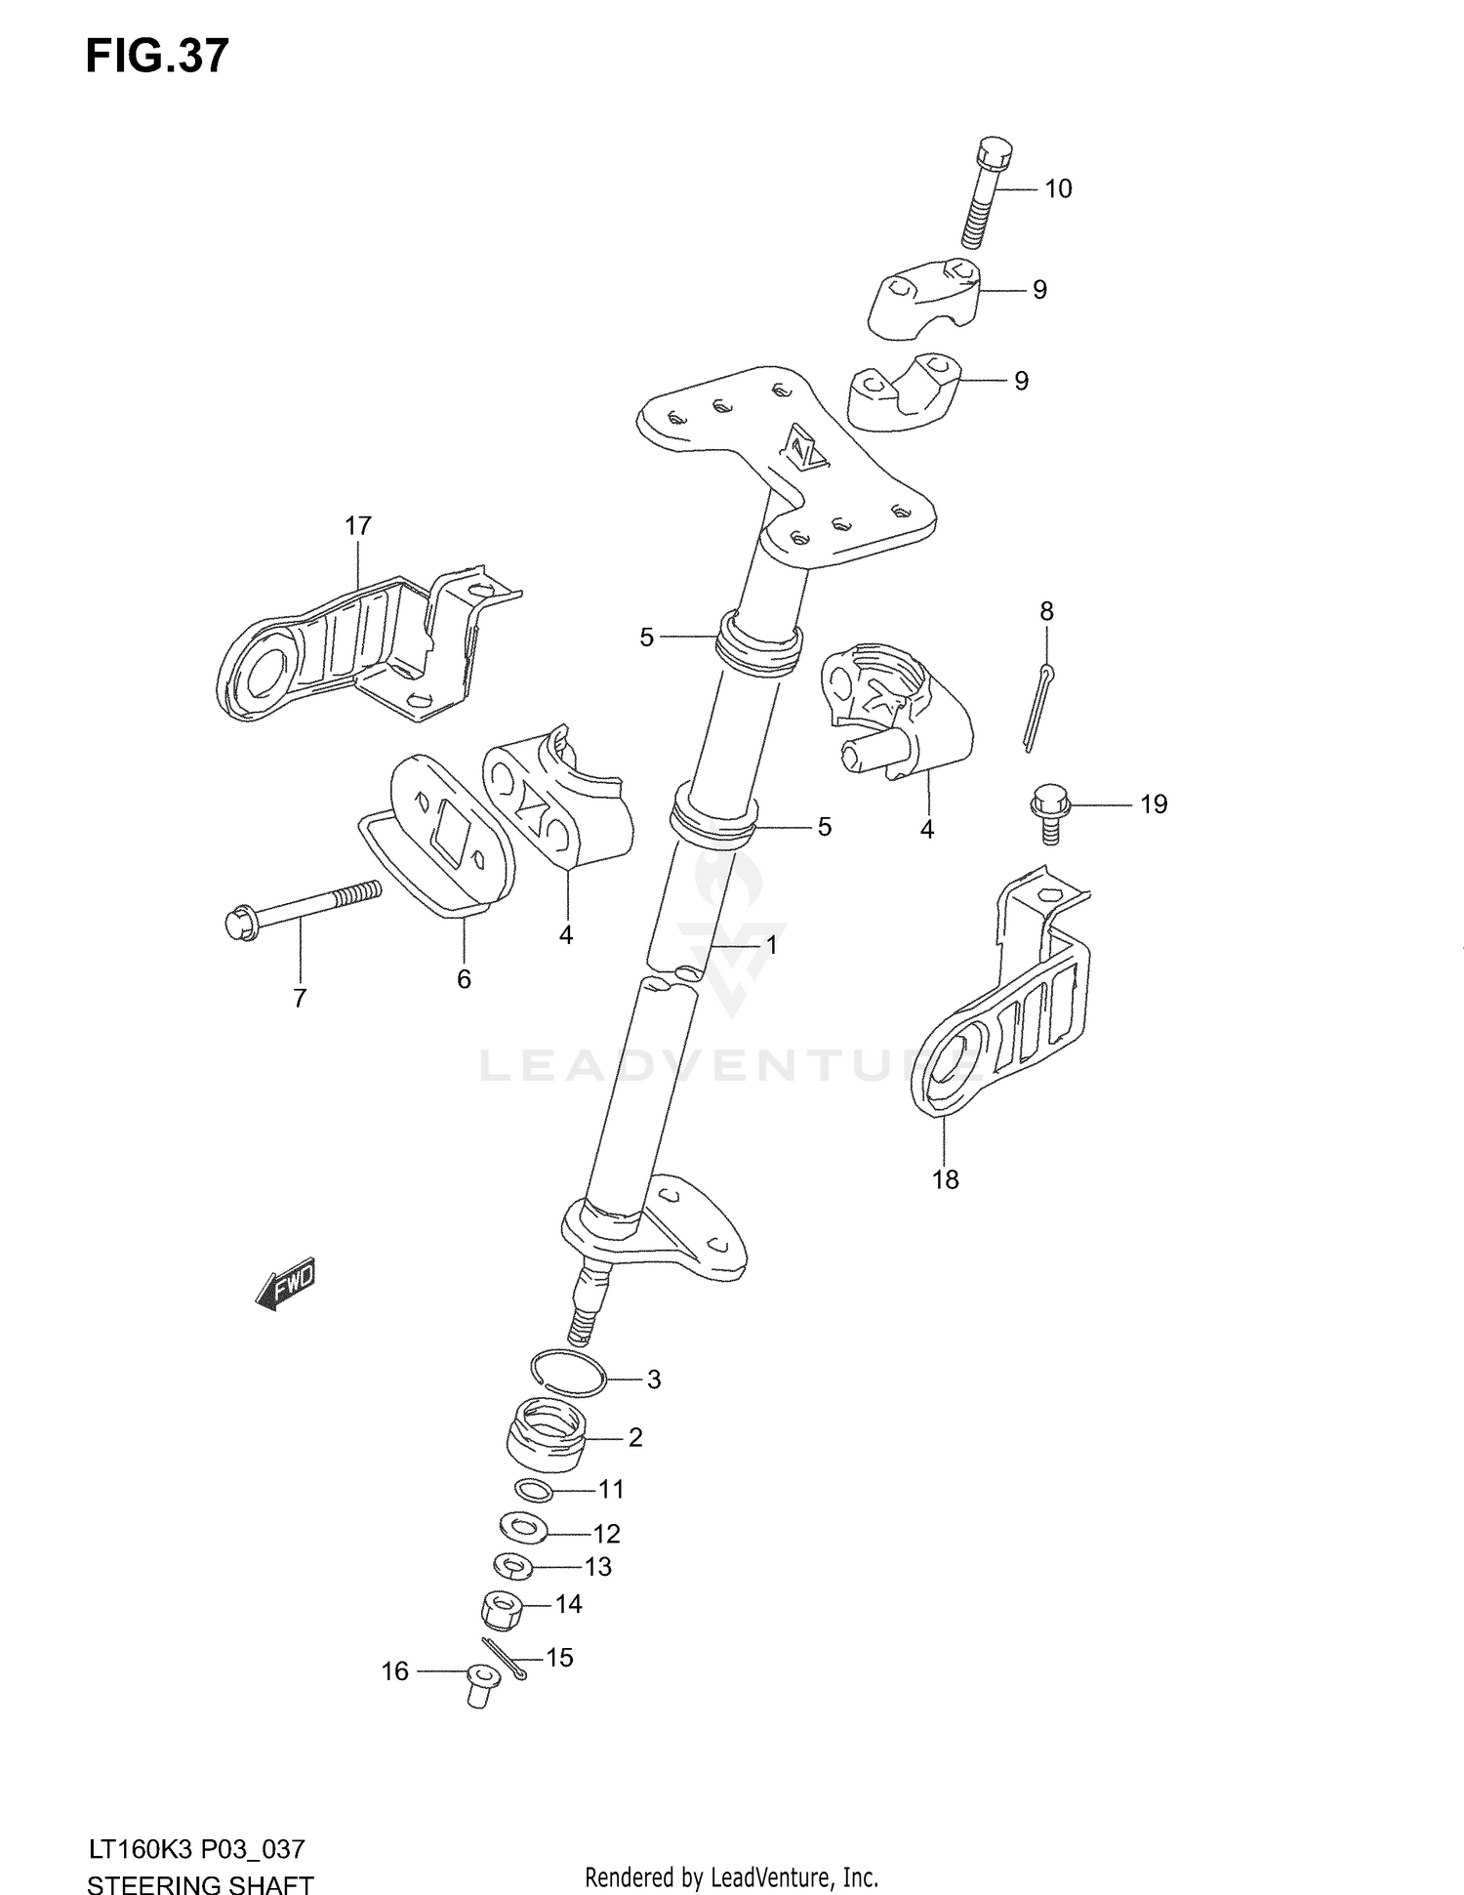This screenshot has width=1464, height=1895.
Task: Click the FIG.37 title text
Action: point(156,57)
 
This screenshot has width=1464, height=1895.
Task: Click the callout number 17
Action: point(358,526)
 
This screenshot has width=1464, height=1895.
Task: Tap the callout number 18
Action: point(945,1179)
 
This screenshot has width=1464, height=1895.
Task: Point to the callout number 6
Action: point(464,978)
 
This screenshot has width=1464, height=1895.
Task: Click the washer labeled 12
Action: point(522,1527)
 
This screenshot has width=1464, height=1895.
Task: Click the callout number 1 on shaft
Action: point(770,945)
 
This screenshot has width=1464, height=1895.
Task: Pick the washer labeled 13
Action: point(513,1567)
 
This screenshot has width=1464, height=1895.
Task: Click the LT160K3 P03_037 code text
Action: point(195,1848)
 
